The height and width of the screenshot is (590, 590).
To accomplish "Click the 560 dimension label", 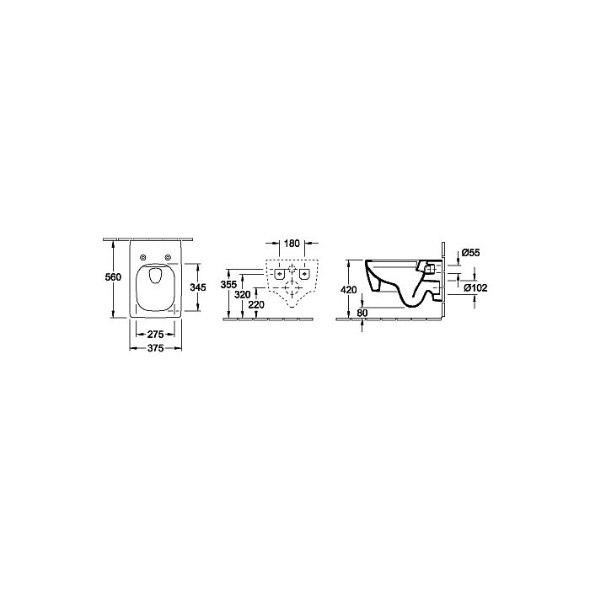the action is [113, 277].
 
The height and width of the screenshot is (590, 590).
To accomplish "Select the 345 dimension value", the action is [198, 287].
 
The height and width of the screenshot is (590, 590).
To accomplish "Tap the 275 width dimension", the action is [155, 334].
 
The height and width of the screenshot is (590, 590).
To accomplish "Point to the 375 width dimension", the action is [155, 348].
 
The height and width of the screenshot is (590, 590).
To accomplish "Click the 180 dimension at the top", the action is [292, 244].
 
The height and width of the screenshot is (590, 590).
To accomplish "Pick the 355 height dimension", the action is [228, 285].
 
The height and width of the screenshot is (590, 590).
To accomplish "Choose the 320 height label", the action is [243, 295].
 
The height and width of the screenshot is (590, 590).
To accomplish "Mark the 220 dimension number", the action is [256, 304].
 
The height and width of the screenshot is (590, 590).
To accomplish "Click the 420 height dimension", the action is [348, 290].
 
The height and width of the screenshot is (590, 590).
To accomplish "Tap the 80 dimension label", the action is [362, 313].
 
